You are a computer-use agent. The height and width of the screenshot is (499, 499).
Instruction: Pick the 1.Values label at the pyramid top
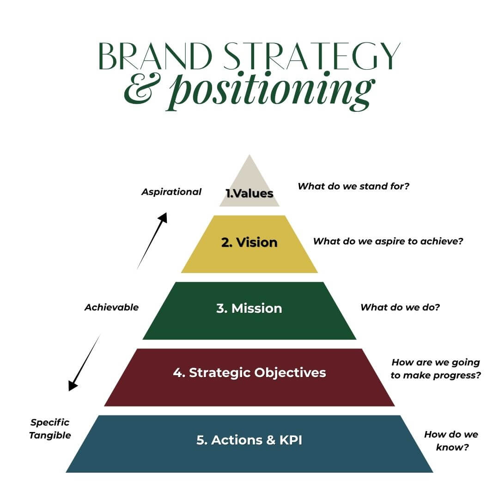click(x=249, y=193)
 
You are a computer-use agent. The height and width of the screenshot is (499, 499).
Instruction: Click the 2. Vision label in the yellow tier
click(x=249, y=243)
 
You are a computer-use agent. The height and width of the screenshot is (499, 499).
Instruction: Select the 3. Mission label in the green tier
click(x=249, y=308)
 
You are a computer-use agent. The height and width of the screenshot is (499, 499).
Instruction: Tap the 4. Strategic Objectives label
click(x=249, y=372)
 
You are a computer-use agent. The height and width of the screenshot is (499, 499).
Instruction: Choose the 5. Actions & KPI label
click(x=249, y=440)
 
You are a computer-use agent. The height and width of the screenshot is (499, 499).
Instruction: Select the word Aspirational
click(x=171, y=192)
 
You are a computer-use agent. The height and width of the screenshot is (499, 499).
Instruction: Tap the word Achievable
click(x=111, y=307)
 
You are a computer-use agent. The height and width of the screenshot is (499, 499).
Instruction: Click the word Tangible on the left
click(x=50, y=435)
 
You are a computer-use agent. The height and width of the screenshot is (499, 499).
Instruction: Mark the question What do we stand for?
click(x=353, y=186)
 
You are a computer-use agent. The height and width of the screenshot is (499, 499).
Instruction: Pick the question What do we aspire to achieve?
click(x=388, y=241)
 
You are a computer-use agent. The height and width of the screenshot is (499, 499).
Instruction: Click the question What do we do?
click(x=400, y=307)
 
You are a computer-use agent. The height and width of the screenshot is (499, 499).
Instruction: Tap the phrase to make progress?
click(x=436, y=375)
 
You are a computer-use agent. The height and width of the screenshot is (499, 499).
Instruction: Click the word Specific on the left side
click(x=50, y=422)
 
